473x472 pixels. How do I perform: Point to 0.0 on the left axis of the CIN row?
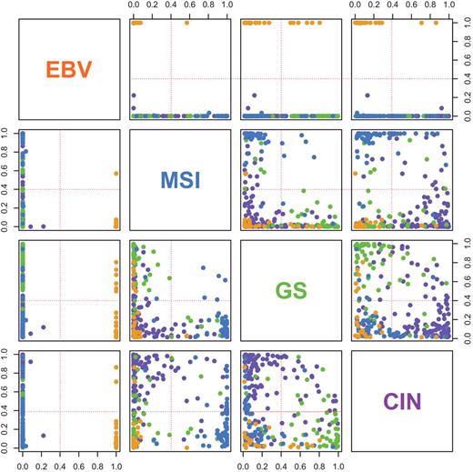(x=7, y=446)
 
